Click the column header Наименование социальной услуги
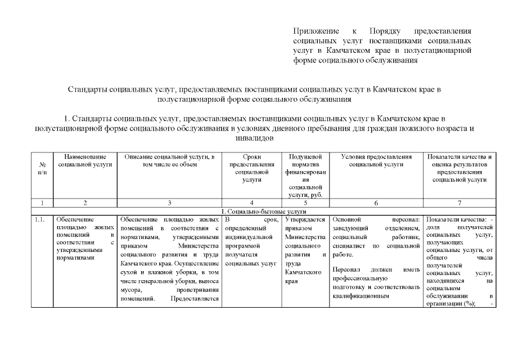pos(85,160)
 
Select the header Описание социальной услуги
pos(169,160)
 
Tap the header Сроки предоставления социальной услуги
pos(252,168)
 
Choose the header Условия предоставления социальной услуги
pos(376,160)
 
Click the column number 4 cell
pos(252,202)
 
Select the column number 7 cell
pos(460,202)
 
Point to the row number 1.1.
pos(40,219)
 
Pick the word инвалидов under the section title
pos(254,138)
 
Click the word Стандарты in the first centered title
pos(87,89)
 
